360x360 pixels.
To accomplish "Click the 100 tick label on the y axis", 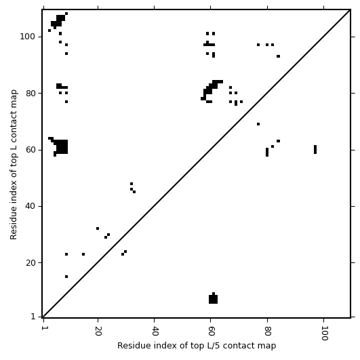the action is tap(27, 37).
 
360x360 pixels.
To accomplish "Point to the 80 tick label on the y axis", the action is tap(30, 93).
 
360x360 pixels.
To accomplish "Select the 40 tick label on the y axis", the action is tap(30, 206).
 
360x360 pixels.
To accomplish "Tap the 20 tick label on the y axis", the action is tap(30, 262).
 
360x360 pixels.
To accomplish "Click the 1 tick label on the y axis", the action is tap(33, 317).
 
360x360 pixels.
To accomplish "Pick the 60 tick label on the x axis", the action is tap(211, 331).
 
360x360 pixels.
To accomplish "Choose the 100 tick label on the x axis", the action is tap(324, 333).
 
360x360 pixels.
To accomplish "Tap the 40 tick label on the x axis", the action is tap(155, 331).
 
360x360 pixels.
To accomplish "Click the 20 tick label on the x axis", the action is tap(98, 331).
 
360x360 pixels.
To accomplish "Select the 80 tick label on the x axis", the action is tap(268, 331).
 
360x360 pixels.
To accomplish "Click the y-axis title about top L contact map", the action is tap(14, 164).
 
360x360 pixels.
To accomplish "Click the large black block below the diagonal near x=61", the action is tap(213, 299).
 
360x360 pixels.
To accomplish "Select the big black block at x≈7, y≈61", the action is tap(62, 146).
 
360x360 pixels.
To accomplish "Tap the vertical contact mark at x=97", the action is tap(315, 149).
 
